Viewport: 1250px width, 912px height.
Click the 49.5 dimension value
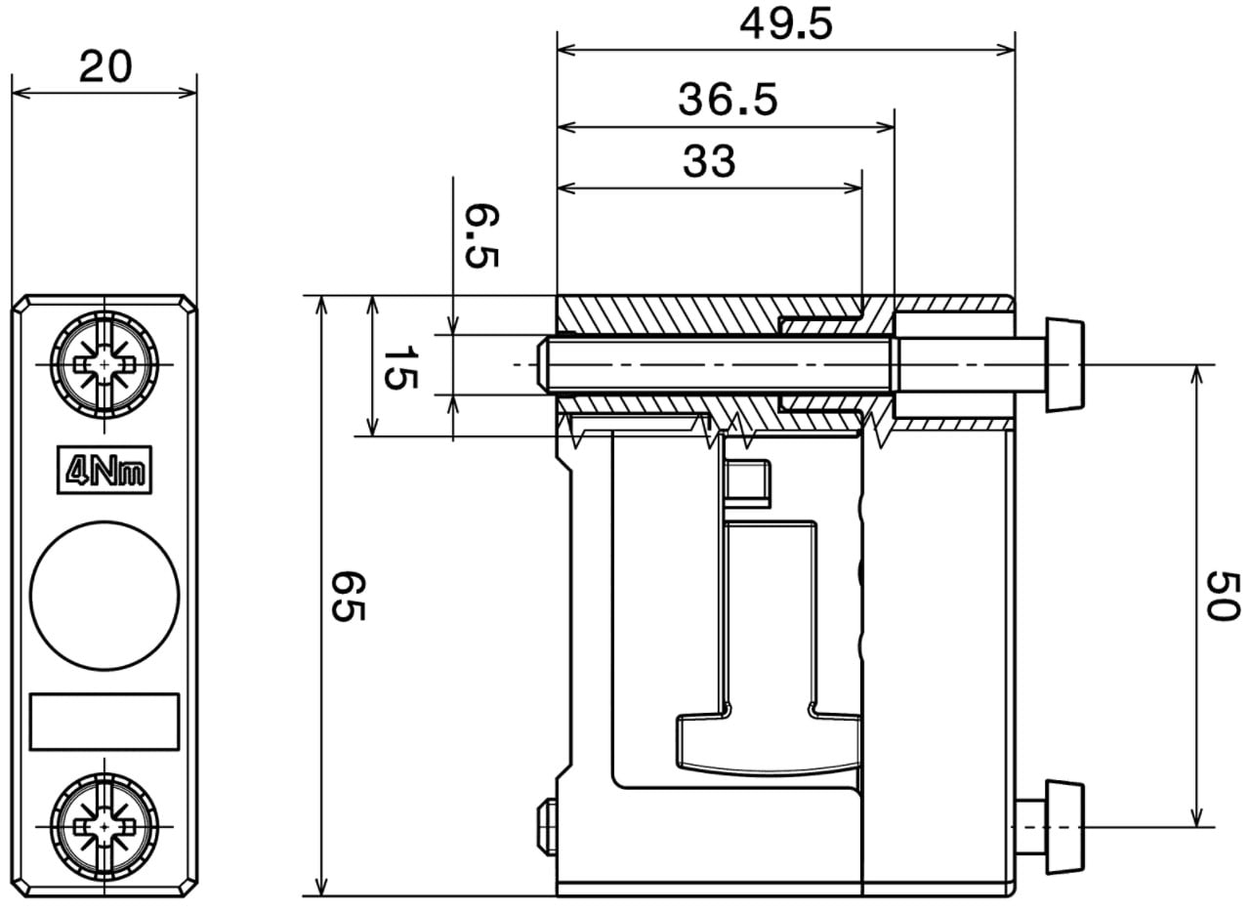[x=786, y=24]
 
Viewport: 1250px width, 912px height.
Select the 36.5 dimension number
[x=728, y=100]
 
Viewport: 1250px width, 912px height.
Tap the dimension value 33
[x=709, y=161]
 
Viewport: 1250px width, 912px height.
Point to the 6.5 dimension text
[x=482, y=235]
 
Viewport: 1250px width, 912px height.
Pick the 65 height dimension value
[x=349, y=596]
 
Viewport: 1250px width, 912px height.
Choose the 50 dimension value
[x=1224, y=596]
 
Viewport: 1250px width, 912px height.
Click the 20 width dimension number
[x=105, y=67]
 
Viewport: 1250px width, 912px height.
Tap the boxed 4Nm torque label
[x=104, y=470]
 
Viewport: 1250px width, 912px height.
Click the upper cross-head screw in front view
[x=104, y=365]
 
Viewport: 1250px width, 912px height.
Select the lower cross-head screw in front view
[x=104, y=827]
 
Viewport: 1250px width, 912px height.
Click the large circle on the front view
[x=104, y=596]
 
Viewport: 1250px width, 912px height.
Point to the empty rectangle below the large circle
[x=104, y=722]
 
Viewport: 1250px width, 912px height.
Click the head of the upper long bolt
[x=1064, y=365]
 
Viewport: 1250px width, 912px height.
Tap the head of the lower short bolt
[x=1064, y=827]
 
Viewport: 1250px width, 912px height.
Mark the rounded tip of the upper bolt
[x=541, y=365]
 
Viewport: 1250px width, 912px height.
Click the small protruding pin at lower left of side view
[x=546, y=827]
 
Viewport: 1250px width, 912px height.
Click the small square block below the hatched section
[x=747, y=483]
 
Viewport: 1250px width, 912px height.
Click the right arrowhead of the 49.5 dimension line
[x=1009, y=51]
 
